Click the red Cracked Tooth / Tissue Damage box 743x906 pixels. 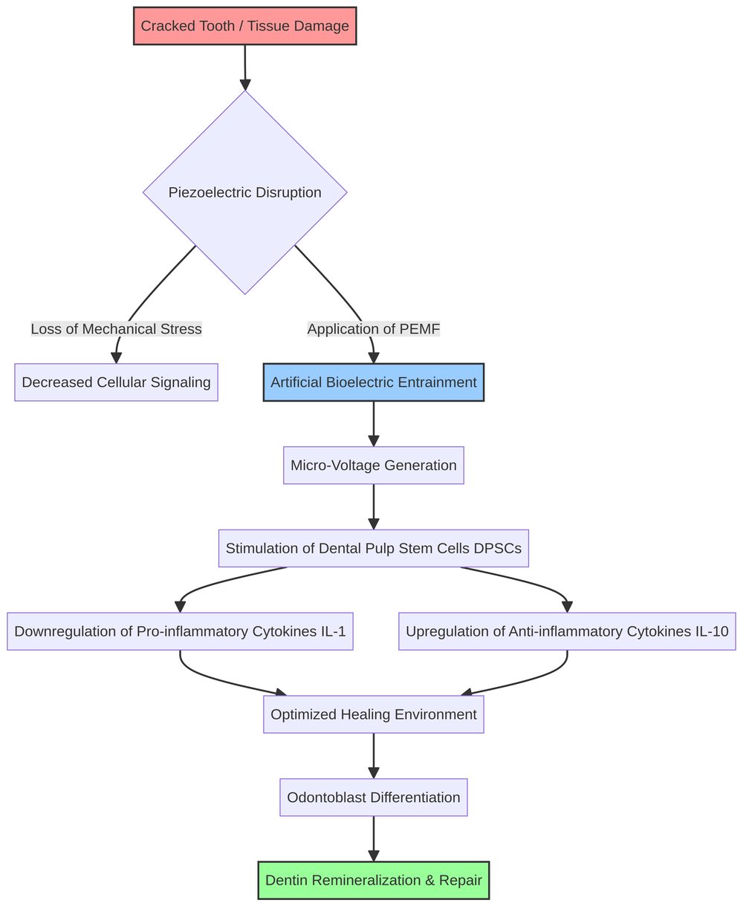pos(244,26)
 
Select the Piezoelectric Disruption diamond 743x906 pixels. pos(244,192)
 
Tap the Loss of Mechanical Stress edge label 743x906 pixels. pos(116,329)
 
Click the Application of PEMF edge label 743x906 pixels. pos(374,329)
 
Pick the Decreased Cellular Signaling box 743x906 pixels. pos(116,382)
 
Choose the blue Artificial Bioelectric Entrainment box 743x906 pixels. pos(374,382)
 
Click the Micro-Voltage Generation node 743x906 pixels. pos(374,466)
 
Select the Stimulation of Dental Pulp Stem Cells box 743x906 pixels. pos(374,549)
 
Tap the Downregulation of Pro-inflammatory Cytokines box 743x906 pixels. pos(180,631)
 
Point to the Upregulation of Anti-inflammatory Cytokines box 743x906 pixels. pos(567,631)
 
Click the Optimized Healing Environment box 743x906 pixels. pos(374,714)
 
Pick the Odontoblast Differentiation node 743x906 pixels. pos(374,798)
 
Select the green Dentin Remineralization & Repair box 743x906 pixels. pos(374,881)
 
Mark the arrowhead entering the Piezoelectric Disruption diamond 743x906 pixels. pos(245,84)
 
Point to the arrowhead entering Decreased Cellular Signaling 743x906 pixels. pos(116,357)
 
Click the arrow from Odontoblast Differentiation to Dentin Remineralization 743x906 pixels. pos(374,838)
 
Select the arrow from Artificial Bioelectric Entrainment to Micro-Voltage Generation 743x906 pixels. pos(374,423)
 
